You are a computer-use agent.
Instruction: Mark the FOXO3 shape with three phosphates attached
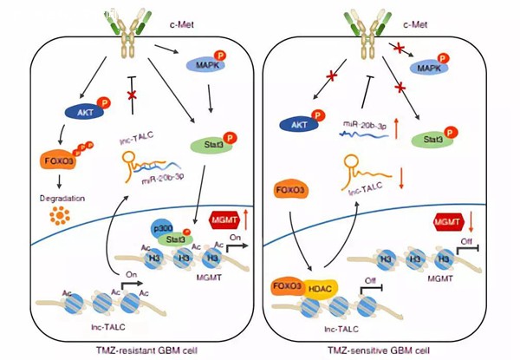[x=83, y=161]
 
